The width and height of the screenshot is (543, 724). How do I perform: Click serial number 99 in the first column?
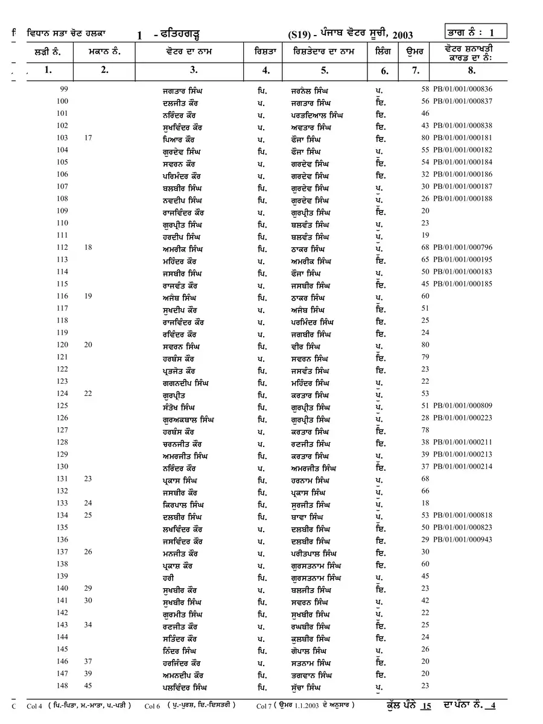point(62,89)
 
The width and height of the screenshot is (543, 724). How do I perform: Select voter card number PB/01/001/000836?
point(462,89)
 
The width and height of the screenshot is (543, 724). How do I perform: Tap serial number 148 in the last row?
point(62,685)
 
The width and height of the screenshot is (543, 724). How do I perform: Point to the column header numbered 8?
point(471,70)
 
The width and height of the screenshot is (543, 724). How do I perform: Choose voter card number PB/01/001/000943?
point(462,539)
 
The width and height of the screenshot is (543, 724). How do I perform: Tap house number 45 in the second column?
point(88,685)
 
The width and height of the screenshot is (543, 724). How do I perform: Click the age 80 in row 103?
point(425,138)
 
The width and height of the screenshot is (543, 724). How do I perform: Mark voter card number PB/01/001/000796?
point(462,248)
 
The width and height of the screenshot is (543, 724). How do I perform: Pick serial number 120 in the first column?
point(62,345)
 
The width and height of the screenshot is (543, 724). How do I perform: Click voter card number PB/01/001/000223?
point(462,418)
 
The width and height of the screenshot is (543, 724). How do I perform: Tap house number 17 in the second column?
point(88,138)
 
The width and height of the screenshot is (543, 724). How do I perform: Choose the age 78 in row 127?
point(425,430)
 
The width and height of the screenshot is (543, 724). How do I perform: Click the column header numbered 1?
point(48,70)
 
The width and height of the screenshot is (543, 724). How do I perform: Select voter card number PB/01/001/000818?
point(462,515)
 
